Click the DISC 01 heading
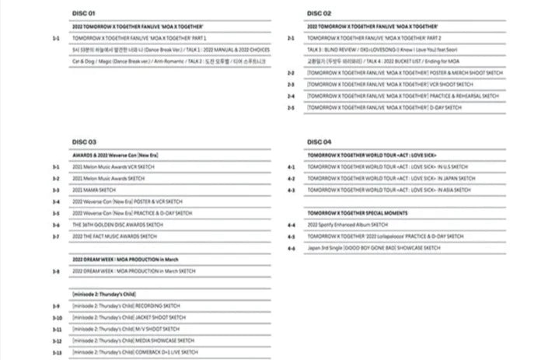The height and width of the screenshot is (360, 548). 83,13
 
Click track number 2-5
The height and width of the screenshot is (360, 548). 291,107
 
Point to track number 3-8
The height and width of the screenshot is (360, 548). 55,271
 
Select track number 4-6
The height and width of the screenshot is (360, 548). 291,247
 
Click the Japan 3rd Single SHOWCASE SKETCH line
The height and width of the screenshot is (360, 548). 374,247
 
